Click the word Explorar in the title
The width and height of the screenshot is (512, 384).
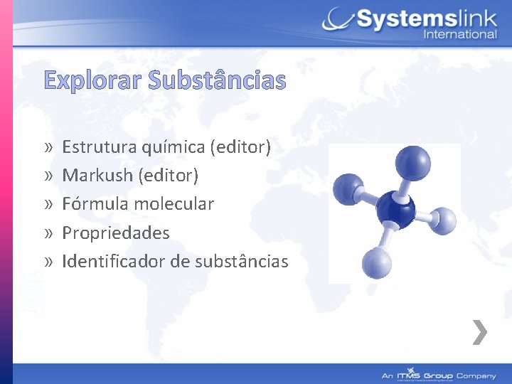92,81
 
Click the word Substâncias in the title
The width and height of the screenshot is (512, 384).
217,81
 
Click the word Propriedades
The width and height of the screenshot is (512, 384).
115,233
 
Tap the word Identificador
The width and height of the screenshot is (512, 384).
114,262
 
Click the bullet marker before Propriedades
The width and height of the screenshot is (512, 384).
47,233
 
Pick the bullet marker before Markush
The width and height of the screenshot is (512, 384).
47,176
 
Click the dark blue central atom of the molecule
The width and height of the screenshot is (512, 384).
395,208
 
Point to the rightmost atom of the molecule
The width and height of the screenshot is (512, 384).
442,221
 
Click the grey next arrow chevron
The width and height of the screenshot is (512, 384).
481,332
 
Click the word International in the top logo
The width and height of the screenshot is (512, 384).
459,34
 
